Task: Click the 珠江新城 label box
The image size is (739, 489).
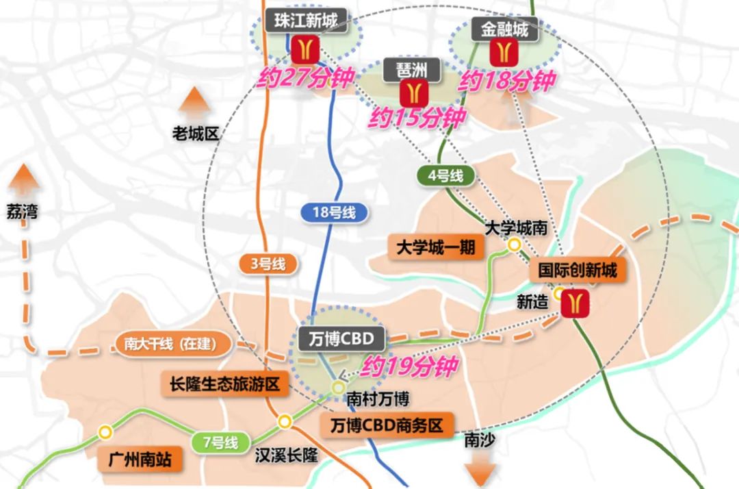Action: (x=302, y=19)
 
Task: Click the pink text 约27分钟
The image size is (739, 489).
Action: (x=304, y=77)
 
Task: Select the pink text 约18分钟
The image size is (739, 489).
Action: (x=506, y=81)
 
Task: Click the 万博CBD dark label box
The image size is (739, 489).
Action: (x=337, y=339)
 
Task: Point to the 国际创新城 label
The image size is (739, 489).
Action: (x=578, y=270)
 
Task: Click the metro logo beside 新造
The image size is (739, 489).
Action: (x=574, y=303)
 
